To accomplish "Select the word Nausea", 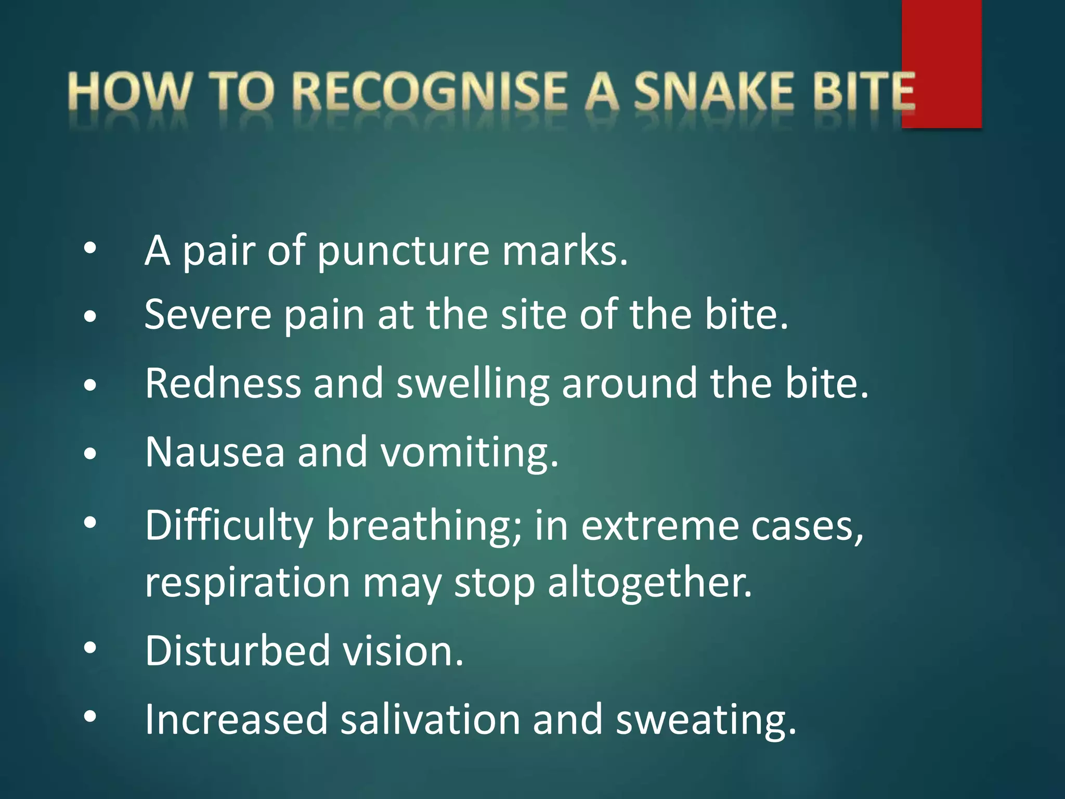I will (x=215, y=452).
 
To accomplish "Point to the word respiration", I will (x=248, y=583).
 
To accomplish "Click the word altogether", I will (x=650, y=583).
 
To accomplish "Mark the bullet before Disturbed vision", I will (x=90, y=648).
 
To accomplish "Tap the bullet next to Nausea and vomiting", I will (x=90, y=454).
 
